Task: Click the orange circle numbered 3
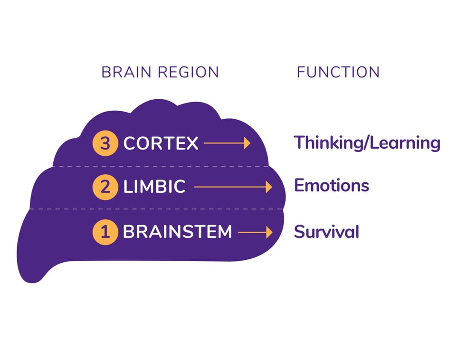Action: (105, 143)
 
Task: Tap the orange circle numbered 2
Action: (105, 187)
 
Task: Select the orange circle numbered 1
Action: (105, 232)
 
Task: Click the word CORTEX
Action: (161, 143)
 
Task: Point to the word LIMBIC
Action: (154, 187)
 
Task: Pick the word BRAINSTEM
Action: (177, 232)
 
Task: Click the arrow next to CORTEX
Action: (227, 143)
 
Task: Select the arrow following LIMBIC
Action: (233, 187)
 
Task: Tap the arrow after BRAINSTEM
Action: (255, 232)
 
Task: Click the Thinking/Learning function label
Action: (367, 143)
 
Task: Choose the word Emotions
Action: (332, 185)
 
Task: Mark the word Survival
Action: (326, 232)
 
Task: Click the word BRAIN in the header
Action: (125, 72)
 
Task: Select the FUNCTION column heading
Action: (338, 72)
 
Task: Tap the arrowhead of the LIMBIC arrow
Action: (268, 187)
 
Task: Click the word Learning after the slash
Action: (406, 143)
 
